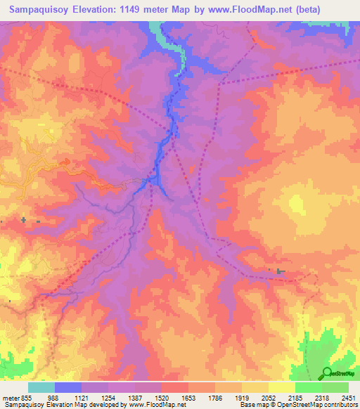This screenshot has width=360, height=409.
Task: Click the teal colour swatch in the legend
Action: tap(41, 387)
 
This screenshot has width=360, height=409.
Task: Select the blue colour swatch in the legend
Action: tap(68, 387)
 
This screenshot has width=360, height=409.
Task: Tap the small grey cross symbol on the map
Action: tap(24, 220)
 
